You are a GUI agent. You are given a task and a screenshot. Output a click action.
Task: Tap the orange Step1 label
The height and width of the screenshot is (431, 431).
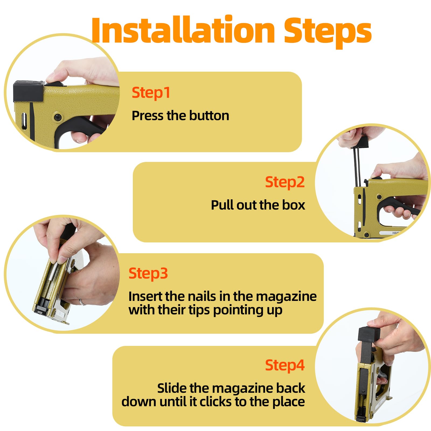pos(151,93)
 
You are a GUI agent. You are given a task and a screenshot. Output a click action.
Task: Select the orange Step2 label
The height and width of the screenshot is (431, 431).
pos(285,182)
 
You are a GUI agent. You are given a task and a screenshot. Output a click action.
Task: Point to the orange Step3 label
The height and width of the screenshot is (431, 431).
pos(148,274)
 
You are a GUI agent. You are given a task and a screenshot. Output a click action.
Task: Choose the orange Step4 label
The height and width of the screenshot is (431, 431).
pos(285,366)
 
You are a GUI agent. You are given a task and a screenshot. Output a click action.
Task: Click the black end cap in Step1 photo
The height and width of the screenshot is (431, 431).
pos(29,91)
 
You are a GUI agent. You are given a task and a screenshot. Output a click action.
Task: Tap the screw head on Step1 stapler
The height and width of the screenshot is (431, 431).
pos(58,117)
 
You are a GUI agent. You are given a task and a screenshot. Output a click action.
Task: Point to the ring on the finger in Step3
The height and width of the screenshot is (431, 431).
pos(81,302)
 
